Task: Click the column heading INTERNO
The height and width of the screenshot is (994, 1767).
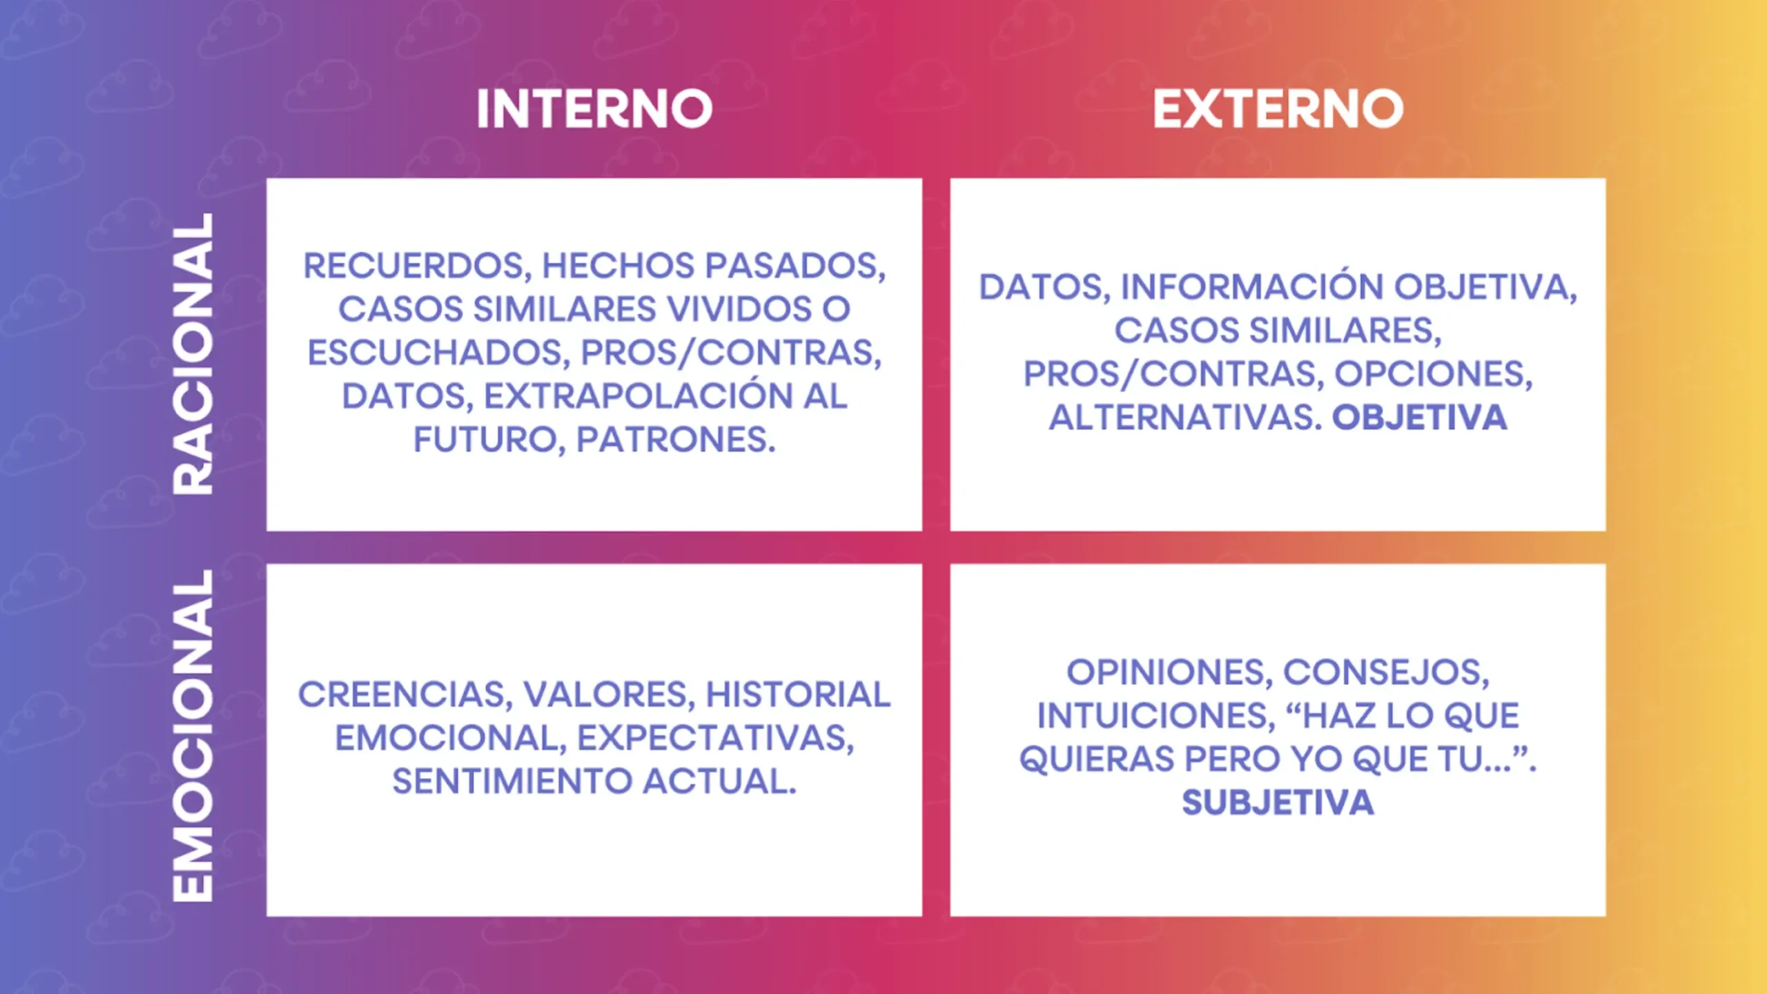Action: (x=594, y=109)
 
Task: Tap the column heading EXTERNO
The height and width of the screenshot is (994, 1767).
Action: (x=1278, y=109)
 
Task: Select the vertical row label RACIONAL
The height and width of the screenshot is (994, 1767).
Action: (x=193, y=353)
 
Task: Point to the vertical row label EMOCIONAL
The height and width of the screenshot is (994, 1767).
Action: (x=193, y=735)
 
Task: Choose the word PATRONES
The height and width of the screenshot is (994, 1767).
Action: (x=676, y=440)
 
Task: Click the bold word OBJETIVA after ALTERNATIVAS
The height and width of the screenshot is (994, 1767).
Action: (x=1419, y=418)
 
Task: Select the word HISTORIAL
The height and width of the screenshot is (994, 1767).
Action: (x=798, y=694)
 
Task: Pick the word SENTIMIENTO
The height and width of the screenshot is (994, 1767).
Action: (x=512, y=782)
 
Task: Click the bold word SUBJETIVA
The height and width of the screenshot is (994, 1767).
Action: (x=1278, y=803)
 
